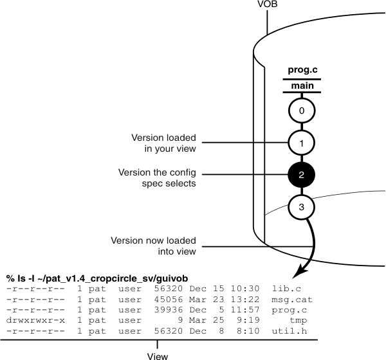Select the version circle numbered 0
[x=301, y=111]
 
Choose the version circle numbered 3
[x=301, y=207]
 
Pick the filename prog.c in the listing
[x=288, y=310]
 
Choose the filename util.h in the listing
[x=288, y=331]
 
